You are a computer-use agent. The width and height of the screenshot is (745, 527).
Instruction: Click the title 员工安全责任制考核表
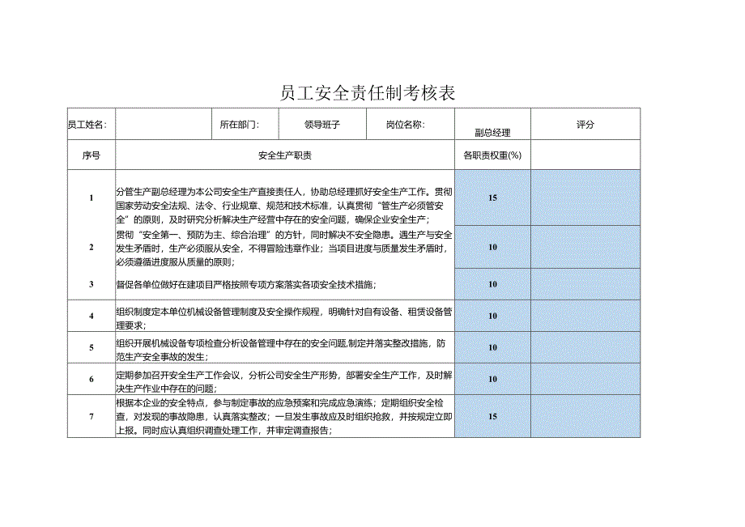368,92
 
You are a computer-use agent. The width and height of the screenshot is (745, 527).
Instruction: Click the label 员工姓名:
86,125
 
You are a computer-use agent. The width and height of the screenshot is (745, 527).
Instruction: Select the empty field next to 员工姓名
163,125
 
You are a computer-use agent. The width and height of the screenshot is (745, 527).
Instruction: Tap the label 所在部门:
239,125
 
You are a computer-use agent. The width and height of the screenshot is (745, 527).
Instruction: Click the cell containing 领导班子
321,125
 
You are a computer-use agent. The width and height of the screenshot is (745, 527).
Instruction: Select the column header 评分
585,125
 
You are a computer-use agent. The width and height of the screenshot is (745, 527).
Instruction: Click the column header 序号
92,155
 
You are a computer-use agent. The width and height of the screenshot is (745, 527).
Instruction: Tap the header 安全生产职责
285,155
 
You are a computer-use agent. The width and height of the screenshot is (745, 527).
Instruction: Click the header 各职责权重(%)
492,155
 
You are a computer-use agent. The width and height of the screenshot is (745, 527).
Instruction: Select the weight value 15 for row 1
492,198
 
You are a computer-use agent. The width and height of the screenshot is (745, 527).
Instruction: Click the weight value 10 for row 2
492,247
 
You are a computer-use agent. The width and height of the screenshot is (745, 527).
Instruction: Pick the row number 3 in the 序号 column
92,284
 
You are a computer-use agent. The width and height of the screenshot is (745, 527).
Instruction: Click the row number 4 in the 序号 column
92,316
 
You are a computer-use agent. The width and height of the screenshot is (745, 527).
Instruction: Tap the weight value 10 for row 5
492,347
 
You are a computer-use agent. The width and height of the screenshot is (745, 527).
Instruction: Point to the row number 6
92,379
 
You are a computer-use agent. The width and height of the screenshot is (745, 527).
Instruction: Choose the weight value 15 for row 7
492,416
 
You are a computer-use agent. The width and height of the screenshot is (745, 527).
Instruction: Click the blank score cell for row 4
585,316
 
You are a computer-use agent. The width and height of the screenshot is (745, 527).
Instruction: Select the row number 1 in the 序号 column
92,198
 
